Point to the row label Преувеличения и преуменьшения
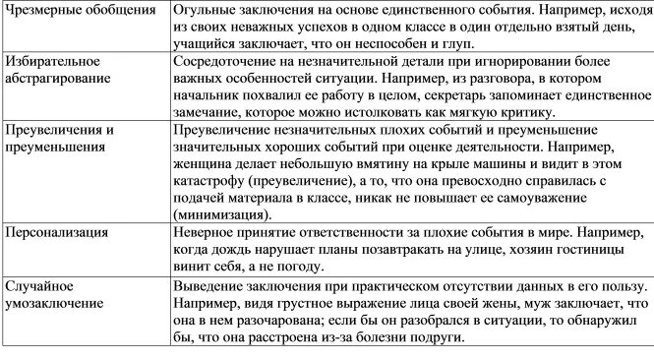[61, 139]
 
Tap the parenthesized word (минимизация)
[221, 215]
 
